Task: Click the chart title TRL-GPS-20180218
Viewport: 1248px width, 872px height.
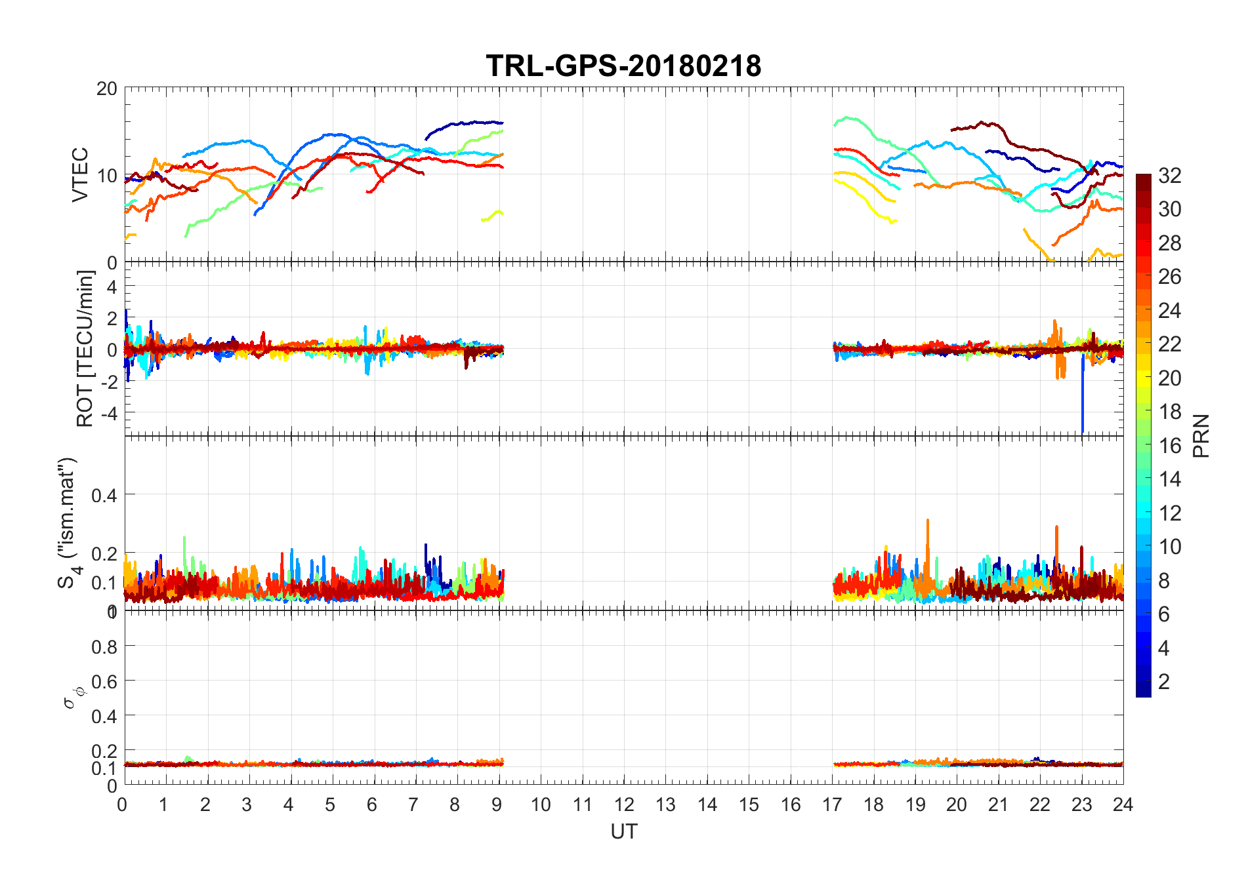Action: pos(623,66)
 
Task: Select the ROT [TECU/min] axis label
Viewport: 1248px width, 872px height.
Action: pos(85,349)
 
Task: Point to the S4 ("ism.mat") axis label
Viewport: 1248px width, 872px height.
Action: pos(68,523)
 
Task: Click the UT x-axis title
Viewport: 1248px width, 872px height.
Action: pos(623,831)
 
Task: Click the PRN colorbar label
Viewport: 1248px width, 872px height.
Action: pos(1201,436)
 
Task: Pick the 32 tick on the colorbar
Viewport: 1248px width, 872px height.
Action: pos(1169,176)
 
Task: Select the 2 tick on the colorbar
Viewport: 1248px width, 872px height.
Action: pos(1164,682)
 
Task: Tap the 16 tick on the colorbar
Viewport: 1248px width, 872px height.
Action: pos(1169,446)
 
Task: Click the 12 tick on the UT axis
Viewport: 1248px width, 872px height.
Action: pos(624,804)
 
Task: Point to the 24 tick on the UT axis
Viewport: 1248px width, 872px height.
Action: pos(1123,804)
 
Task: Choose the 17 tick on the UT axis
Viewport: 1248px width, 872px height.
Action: pos(832,804)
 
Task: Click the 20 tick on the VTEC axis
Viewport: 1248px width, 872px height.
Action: pos(107,89)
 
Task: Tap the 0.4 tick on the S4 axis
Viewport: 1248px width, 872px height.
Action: pos(104,495)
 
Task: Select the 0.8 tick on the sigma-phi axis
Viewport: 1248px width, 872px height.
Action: pos(104,647)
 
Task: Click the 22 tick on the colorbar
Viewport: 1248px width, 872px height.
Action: pos(1169,344)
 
